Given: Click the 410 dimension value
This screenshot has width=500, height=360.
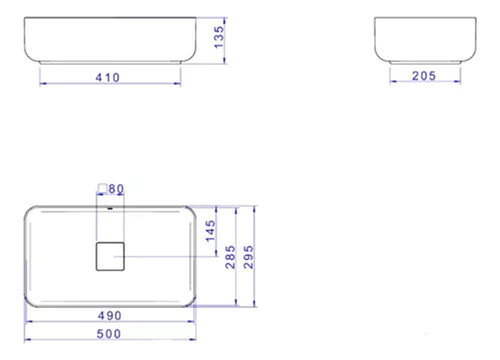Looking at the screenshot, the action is click(x=108, y=78).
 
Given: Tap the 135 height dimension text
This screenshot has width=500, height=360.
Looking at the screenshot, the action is click(x=219, y=37).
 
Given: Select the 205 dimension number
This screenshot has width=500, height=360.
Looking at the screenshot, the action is click(x=424, y=76).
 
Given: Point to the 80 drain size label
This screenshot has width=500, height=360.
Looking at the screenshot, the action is click(x=116, y=189).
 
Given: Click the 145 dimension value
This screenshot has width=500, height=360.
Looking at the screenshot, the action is click(x=210, y=231).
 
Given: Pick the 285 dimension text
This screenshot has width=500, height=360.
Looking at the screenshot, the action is click(x=230, y=257).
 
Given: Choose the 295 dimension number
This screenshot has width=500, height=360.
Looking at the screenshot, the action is click(x=249, y=257).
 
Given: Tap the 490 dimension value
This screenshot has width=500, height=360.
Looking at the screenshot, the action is click(x=110, y=316).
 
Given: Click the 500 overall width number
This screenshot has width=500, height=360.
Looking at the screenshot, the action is click(x=109, y=334).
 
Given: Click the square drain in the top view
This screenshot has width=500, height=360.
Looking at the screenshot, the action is click(x=110, y=256).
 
